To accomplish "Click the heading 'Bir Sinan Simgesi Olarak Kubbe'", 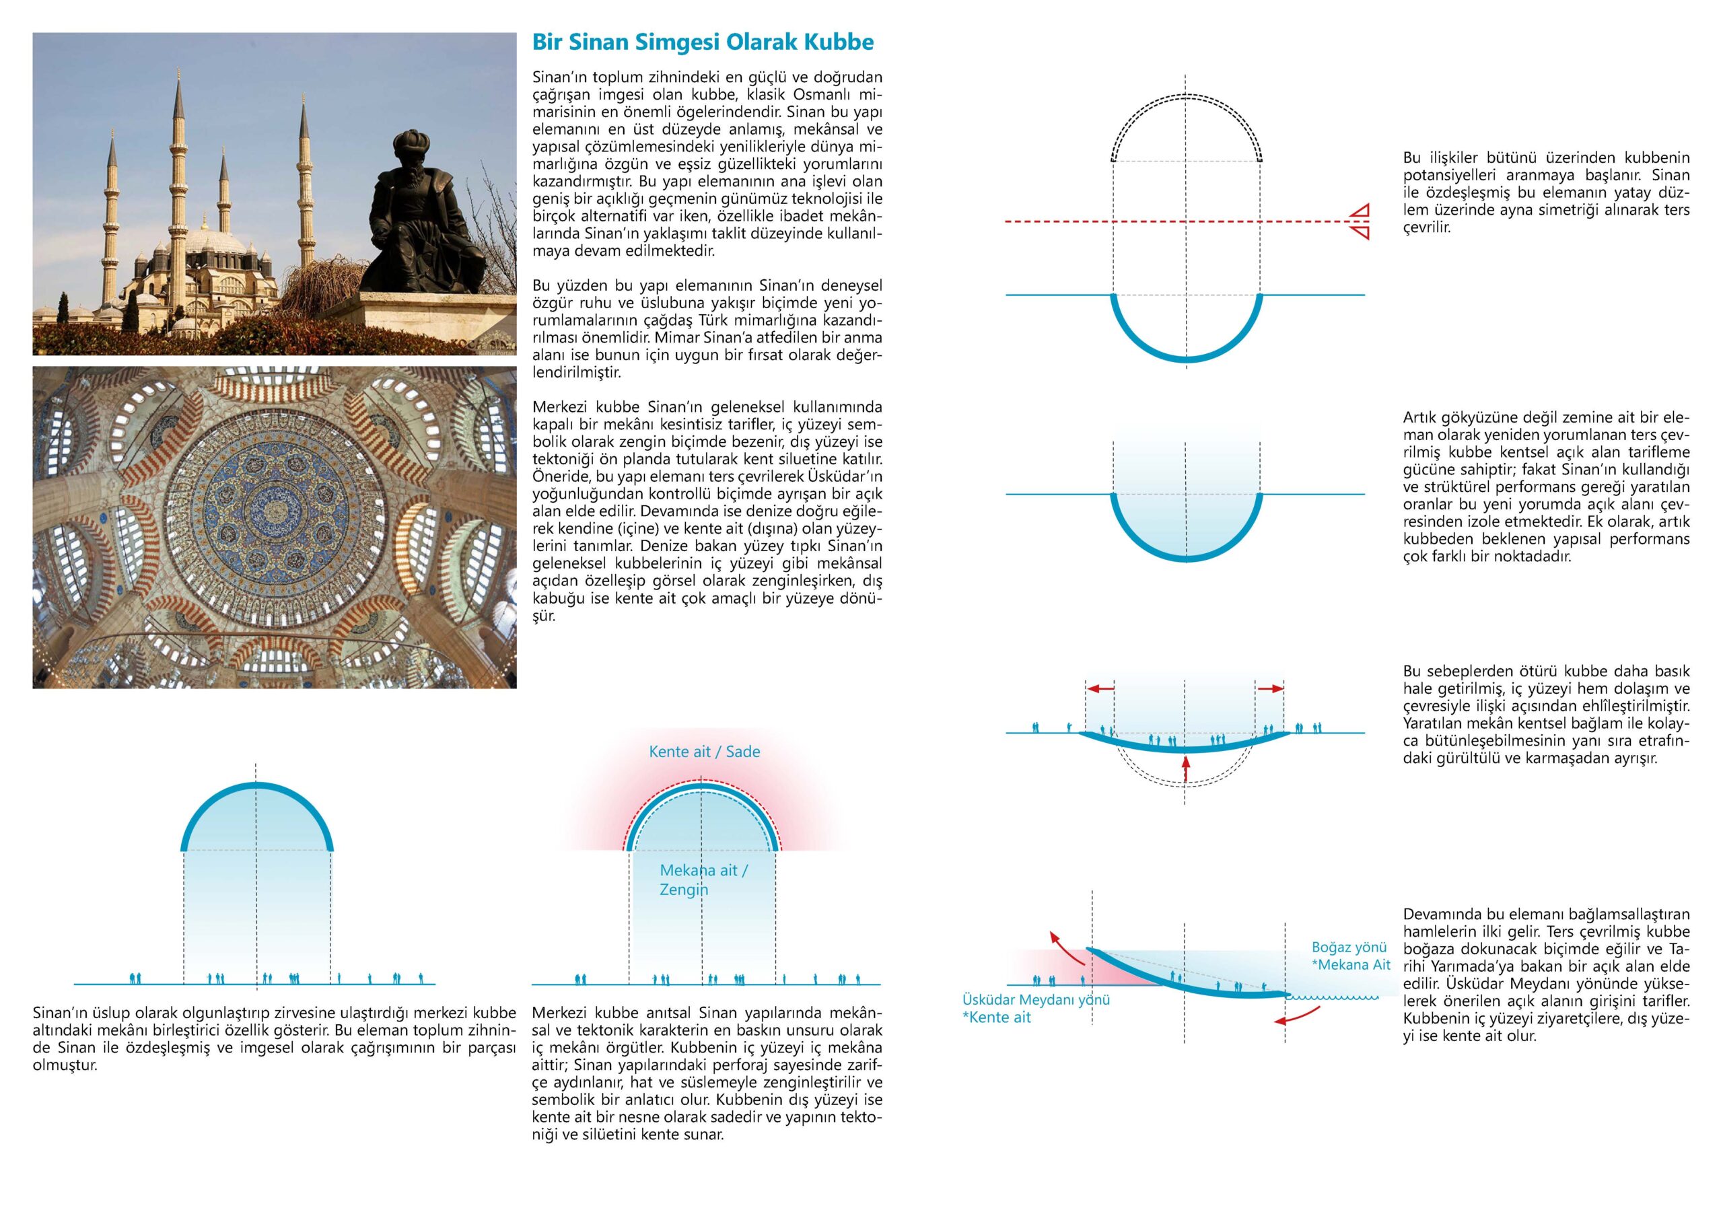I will (x=703, y=42).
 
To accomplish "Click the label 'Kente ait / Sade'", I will (x=704, y=751).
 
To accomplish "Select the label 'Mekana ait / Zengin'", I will (x=703, y=880).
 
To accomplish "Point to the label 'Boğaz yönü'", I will (x=1349, y=947).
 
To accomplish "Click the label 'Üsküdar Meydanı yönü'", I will (x=1036, y=999).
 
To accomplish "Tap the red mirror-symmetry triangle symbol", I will (x=1359, y=221).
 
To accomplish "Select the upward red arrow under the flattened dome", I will (x=1186, y=769).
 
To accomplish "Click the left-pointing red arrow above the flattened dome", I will (x=1100, y=688).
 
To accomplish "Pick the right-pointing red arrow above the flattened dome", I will (x=1271, y=688).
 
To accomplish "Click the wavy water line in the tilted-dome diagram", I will (x=1332, y=997).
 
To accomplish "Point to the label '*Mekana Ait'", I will (x=1350, y=965).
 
